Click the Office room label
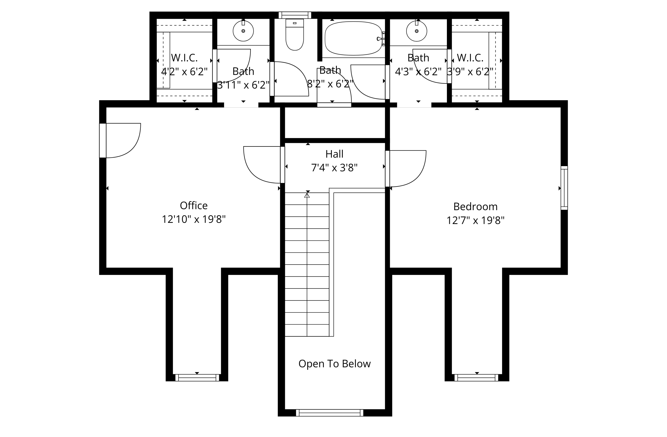coord(194,206)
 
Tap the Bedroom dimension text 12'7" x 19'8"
coord(475,221)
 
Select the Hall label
coord(334,154)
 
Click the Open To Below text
coord(334,364)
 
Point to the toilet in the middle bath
coord(295,35)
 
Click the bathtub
coord(353,38)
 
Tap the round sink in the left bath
coord(243,31)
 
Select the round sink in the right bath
coord(416,31)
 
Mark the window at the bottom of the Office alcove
coord(197,378)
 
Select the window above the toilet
coord(295,15)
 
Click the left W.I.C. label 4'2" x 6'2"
coord(184,72)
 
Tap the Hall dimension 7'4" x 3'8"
coord(334,168)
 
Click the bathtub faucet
coord(380,39)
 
